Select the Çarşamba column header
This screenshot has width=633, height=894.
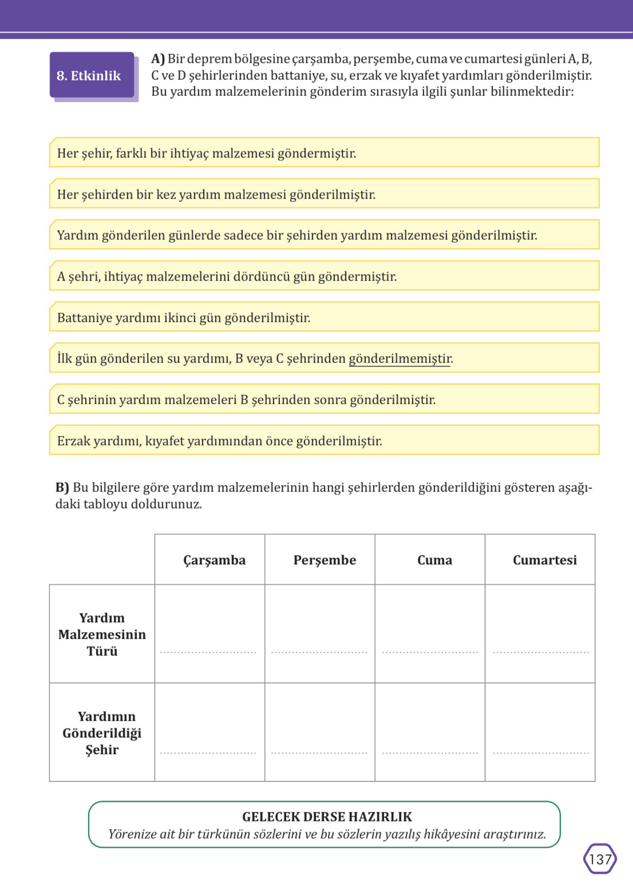[x=214, y=560]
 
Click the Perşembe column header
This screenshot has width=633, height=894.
[x=324, y=560]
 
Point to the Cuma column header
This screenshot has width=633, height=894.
[x=434, y=560]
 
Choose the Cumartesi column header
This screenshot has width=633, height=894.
[x=544, y=560]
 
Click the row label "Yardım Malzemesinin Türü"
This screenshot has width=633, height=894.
[x=102, y=634]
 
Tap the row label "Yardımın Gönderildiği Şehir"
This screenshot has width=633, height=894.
[x=102, y=733]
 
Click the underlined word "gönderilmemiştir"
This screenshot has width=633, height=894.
[x=399, y=358]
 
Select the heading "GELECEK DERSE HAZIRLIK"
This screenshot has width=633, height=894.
[x=327, y=816]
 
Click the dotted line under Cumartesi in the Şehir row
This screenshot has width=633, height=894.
[x=541, y=753]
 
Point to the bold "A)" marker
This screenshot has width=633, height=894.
[x=158, y=59]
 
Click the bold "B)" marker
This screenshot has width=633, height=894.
[x=62, y=487]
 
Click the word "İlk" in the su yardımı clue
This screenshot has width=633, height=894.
[x=64, y=358]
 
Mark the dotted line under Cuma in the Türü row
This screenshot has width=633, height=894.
[x=430, y=652]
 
